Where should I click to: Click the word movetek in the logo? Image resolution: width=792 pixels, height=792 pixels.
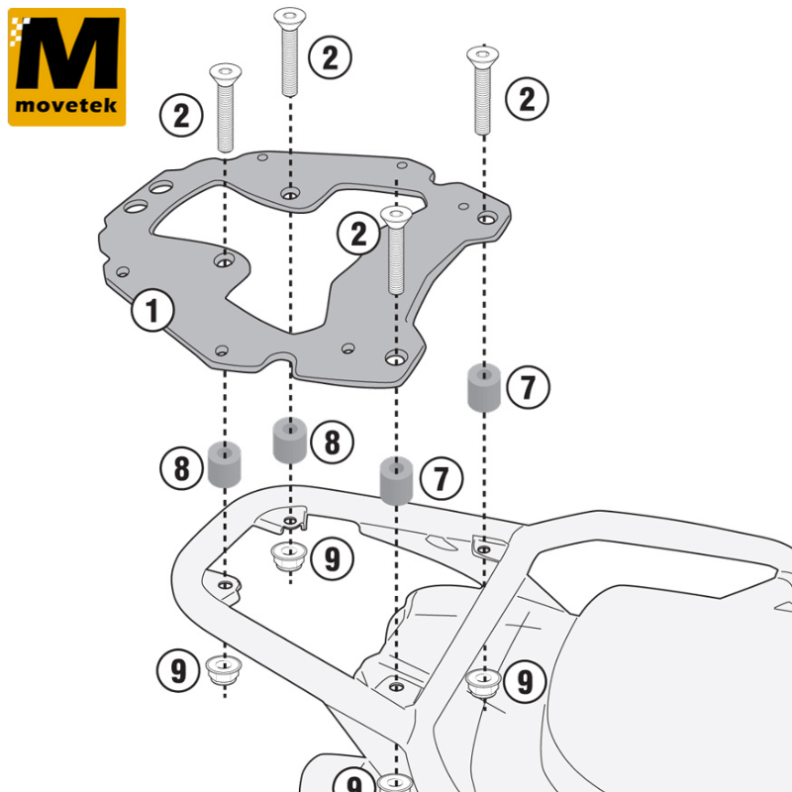pos(66,105)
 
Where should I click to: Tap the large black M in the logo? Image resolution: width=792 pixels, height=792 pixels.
pos(67,53)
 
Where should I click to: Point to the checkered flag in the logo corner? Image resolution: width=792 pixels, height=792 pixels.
pos(19,31)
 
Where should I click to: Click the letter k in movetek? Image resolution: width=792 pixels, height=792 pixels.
pos(111,105)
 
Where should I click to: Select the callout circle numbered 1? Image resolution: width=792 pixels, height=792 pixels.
pos(152,310)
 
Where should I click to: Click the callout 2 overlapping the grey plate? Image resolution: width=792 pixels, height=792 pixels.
pos(358,234)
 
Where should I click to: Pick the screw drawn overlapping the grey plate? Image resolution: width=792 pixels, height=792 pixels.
pos(396,249)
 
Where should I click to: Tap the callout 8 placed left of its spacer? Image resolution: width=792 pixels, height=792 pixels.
pos(181,467)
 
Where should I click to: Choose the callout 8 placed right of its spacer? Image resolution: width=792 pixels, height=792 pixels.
pos(332,442)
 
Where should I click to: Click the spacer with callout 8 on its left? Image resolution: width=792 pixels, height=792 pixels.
pos(225,464)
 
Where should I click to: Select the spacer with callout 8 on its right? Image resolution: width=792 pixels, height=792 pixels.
pos(290,440)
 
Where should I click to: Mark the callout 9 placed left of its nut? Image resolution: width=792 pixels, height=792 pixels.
pos(178,670)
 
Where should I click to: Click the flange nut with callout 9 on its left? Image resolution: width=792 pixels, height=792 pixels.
pos(224,670)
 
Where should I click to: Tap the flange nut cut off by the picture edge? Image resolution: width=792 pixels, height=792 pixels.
pos(395,783)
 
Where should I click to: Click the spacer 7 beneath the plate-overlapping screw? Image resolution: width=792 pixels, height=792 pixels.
pos(396,480)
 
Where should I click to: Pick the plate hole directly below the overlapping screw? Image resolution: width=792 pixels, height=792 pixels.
pos(396,358)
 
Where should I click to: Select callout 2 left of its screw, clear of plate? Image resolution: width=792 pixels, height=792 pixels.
pos(181,115)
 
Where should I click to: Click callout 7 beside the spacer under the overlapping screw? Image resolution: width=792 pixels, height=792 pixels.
pos(441,478)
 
